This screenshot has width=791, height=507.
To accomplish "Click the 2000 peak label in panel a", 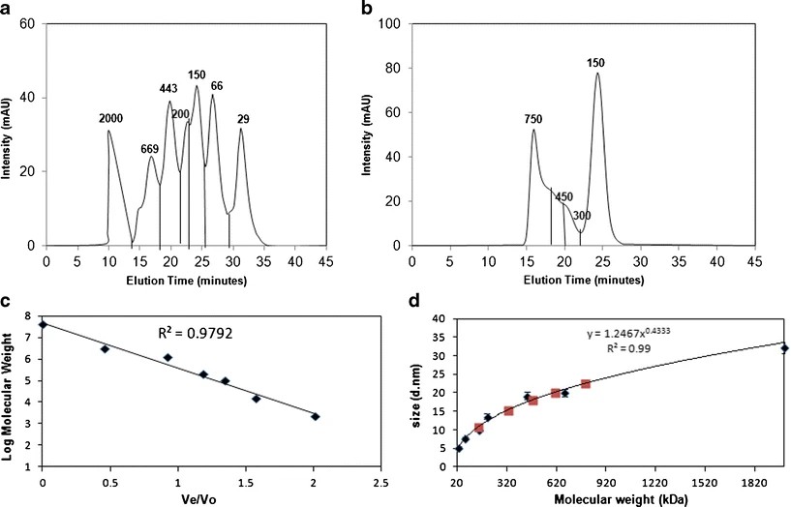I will tap(111, 118).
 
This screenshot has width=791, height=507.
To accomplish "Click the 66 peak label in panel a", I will tap(217, 86).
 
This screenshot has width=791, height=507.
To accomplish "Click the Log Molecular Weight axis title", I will tap(12, 389).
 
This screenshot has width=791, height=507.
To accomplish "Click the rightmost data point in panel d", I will tap(784, 348).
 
